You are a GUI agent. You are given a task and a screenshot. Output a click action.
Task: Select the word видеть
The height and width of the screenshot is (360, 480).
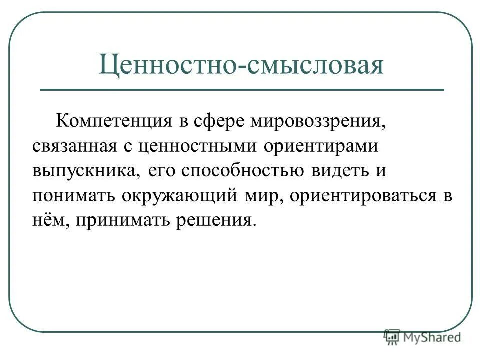click(x=338, y=171)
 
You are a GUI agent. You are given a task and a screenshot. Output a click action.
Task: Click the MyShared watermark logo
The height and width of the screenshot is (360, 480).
click(x=422, y=338)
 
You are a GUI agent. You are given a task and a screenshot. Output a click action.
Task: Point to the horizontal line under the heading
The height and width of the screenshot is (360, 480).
click(x=241, y=90)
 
